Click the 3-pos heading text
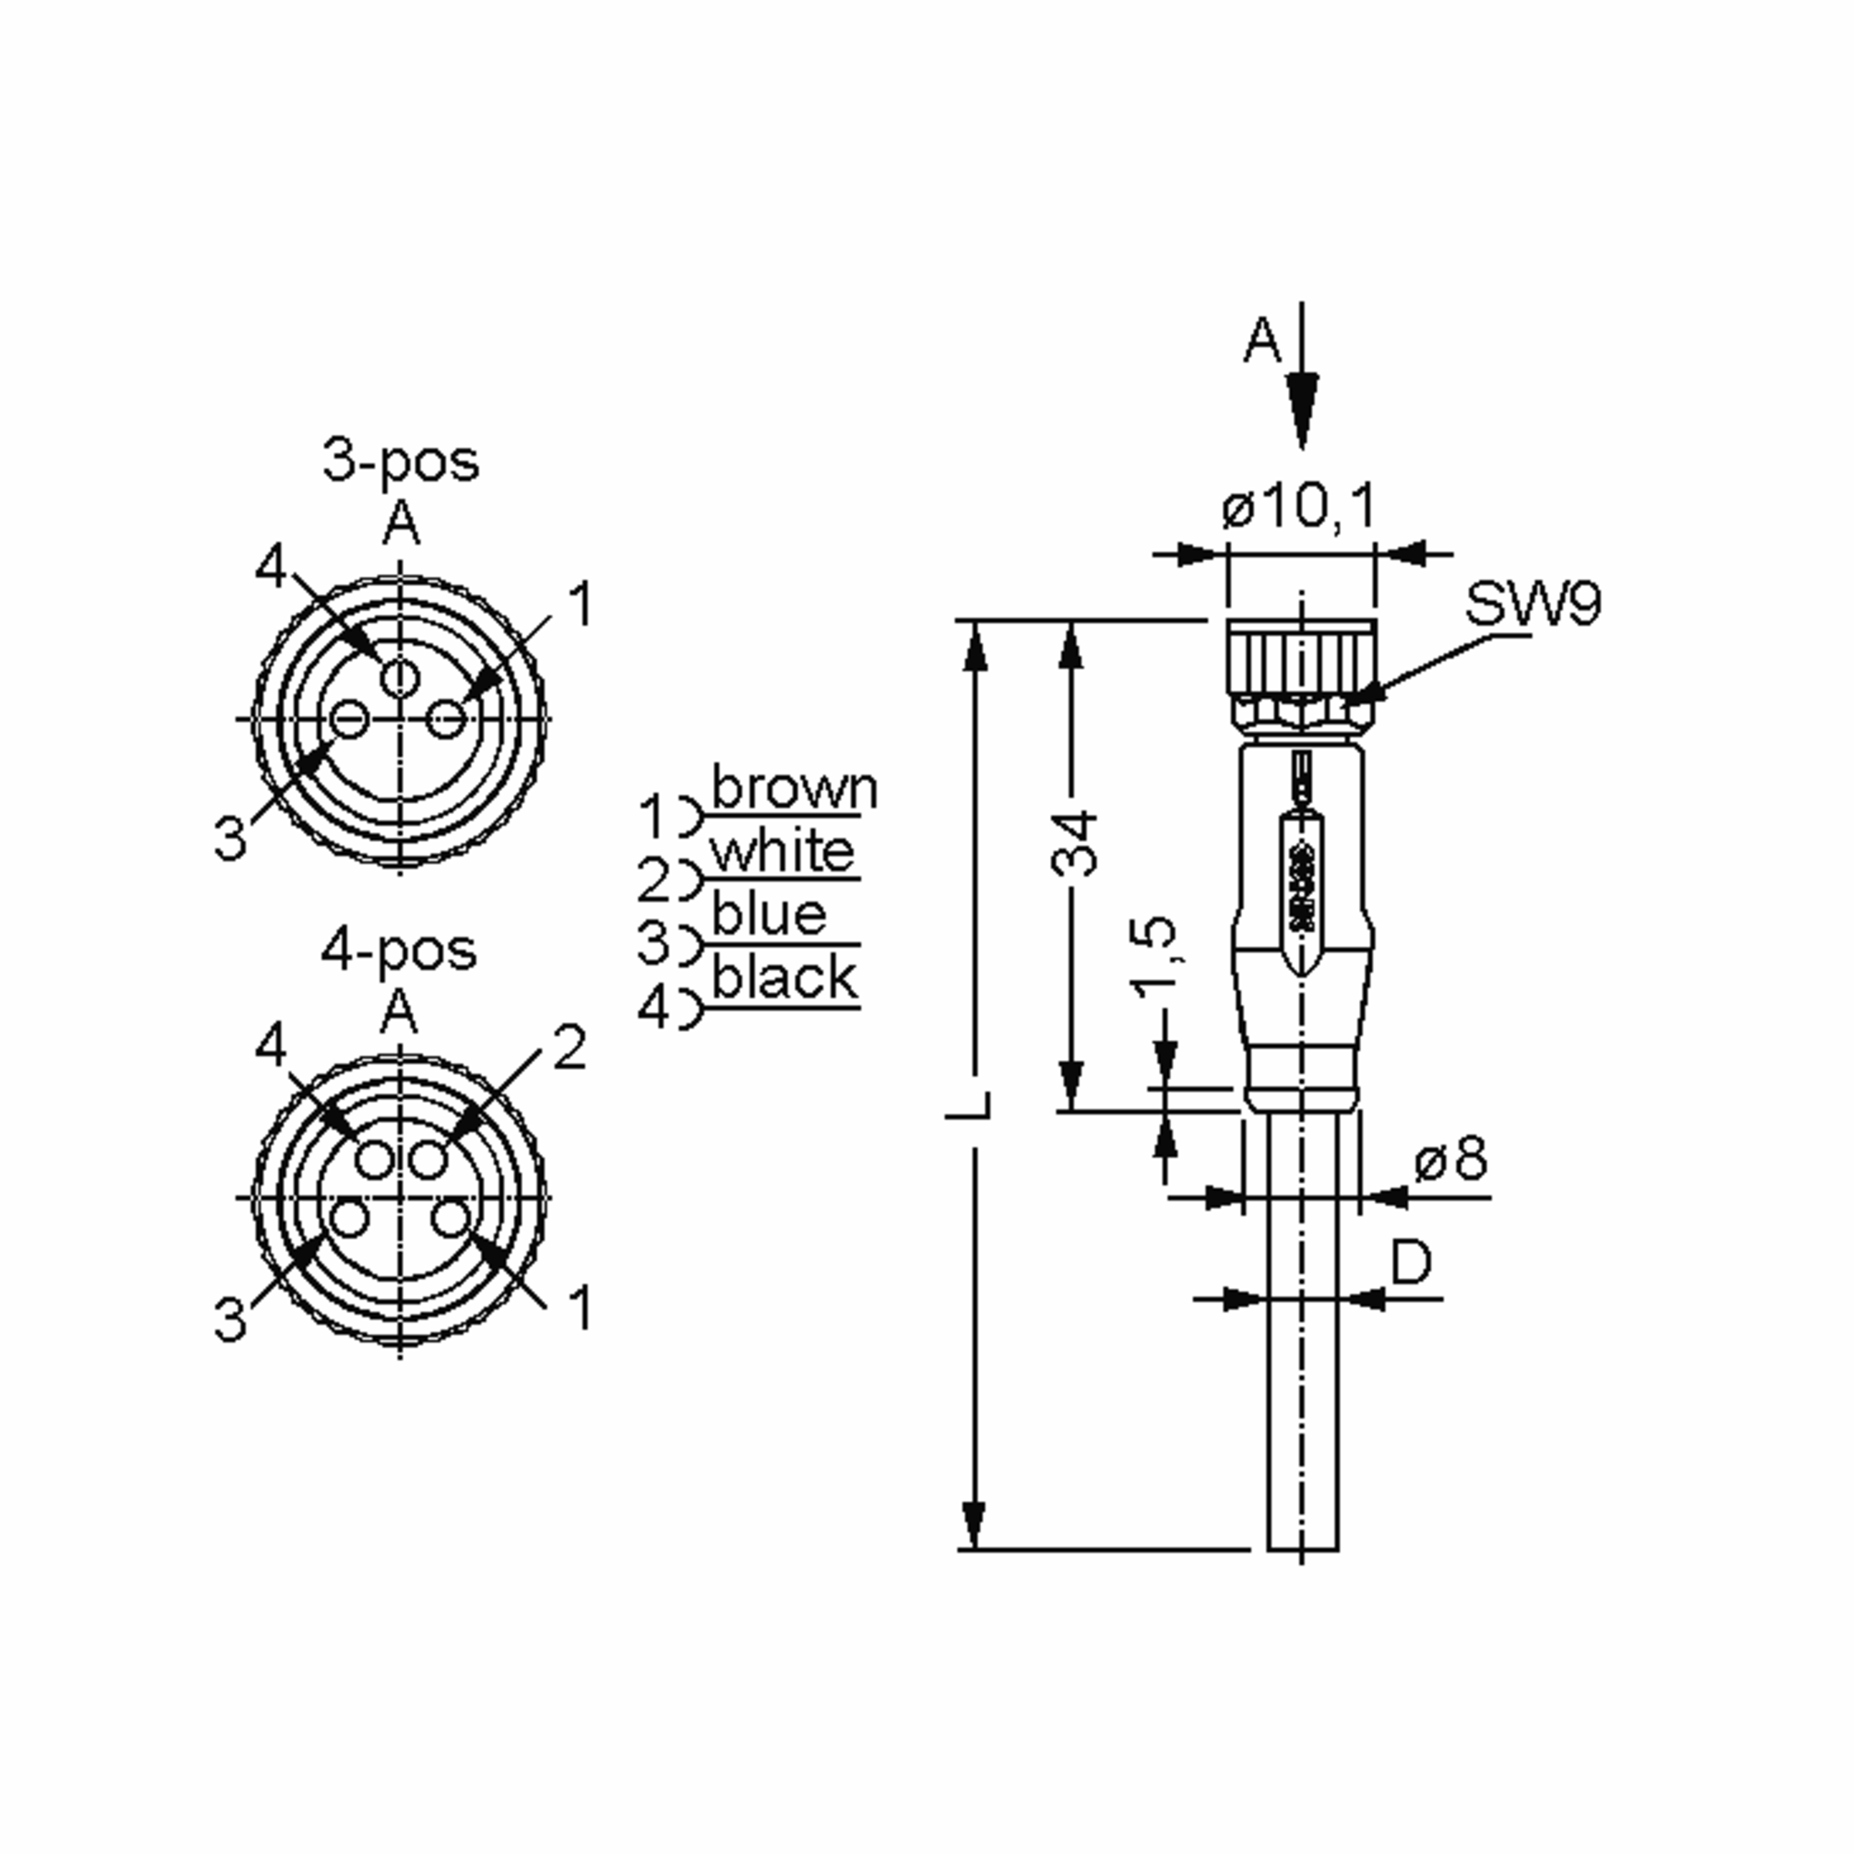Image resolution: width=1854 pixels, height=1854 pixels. [400, 462]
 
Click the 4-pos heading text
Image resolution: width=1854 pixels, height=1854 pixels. [399, 951]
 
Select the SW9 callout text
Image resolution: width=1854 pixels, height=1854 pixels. [1532, 605]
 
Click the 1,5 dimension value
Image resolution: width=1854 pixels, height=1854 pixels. [1154, 957]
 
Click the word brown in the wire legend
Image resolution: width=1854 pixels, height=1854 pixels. [793, 789]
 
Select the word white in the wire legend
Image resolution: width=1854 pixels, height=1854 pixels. [782, 852]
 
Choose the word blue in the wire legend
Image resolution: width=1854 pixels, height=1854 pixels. [769, 915]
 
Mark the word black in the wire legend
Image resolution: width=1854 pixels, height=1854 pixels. [785, 979]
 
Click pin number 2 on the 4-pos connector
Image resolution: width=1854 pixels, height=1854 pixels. [569, 1048]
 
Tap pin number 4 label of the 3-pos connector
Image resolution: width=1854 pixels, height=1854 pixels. [270, 567]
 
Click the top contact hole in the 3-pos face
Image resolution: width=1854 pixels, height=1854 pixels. [400, 678]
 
